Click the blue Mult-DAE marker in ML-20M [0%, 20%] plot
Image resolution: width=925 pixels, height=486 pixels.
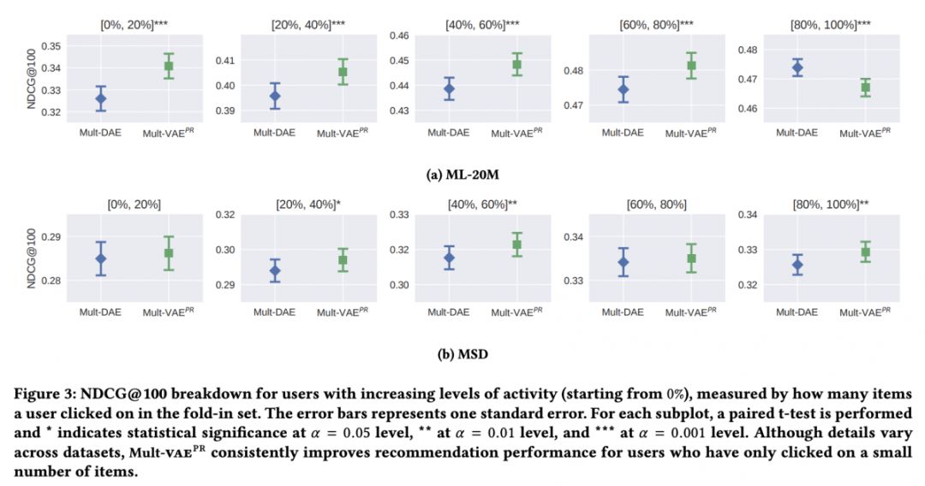(101, 98)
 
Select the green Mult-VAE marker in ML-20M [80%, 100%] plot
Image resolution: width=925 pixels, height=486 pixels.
(865, 86)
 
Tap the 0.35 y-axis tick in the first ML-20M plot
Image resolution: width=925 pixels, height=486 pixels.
(51, 45)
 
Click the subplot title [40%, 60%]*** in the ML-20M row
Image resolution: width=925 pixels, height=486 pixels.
(482, 24)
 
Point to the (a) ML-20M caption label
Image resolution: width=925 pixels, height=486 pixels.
(463, 174)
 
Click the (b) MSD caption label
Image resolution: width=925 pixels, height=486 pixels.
(463, 351)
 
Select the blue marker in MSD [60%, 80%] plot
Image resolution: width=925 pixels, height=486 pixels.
(623, 262)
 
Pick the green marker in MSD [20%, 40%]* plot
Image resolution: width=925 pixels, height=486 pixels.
(343, 260)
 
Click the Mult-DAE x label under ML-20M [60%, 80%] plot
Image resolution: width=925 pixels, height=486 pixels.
(623, 133)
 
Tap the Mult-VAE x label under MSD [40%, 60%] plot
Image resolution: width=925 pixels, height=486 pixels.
(516, 312)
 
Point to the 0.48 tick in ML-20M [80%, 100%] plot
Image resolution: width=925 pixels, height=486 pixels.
(748, 50)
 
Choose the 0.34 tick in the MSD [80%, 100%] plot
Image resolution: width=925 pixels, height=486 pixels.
(748, 214)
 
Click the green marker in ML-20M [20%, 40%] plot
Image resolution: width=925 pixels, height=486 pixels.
(343, 72)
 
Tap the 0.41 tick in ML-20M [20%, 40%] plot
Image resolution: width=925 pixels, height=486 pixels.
(224, 61)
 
